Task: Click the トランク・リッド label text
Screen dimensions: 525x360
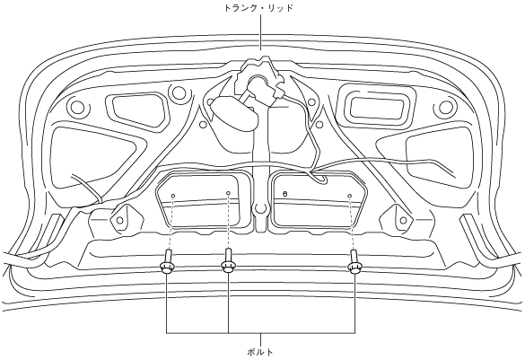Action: (x=258, y=8)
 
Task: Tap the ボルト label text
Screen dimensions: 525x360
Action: (x=260, y=352)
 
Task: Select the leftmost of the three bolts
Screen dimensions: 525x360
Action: (x=167, y=262)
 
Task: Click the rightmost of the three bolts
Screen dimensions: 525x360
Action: (x=354, y=262)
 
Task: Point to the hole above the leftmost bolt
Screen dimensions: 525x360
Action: (x=173, y=196)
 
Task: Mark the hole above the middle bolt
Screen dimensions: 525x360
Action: (x=228, y=193)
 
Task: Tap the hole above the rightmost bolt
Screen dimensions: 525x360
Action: (x=350, y=196)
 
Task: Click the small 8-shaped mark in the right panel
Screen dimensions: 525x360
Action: (x=284, y=194)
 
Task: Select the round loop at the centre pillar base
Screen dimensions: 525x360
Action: (x=261, y=208)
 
